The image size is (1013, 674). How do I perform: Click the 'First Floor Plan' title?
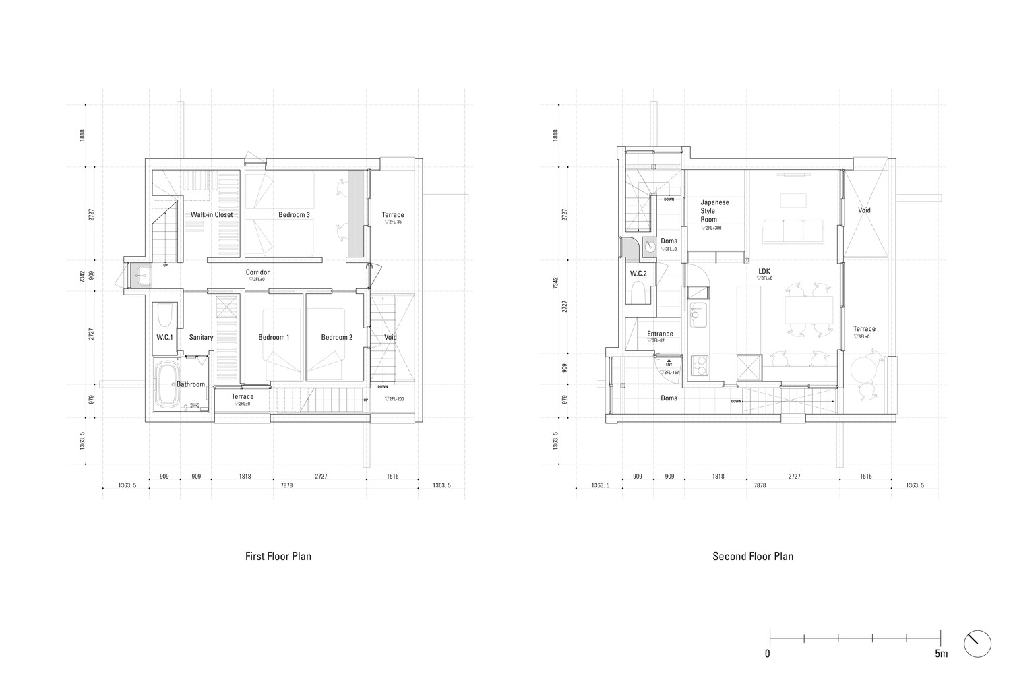point(278,557)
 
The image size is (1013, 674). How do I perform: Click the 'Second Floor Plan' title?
point(752,557)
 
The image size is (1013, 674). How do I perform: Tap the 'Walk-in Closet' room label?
point(211,215)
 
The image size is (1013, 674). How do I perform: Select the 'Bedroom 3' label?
point(294,215)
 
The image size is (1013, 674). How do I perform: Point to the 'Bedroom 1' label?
point(274,337)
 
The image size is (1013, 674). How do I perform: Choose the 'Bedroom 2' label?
point(336,337)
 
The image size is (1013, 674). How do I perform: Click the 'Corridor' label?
point(257,272)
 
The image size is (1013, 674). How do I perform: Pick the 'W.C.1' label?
point(164,337)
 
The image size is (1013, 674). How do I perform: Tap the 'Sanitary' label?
point(201,337)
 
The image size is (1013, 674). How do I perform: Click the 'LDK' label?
point(764,272)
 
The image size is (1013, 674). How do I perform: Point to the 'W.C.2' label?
point(638,274)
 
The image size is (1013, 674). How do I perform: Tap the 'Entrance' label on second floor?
point(660,334)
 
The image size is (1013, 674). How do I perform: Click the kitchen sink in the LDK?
point(696,312)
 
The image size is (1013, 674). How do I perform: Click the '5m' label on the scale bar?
point(941,654)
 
